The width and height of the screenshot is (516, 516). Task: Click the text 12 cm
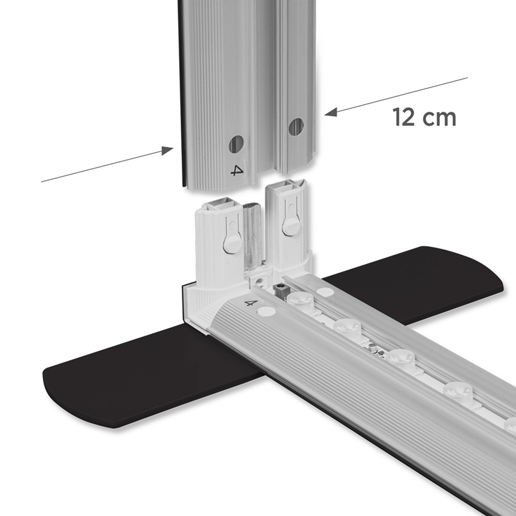(424, 117)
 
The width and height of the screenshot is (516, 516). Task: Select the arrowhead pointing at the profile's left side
(167, 151)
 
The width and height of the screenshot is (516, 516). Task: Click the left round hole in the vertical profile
(236, 144)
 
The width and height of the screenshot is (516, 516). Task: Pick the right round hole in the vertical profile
(296, 127)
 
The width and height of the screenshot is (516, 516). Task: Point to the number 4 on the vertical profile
(237, 170)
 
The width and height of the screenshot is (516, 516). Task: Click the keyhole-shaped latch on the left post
(232, 236)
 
